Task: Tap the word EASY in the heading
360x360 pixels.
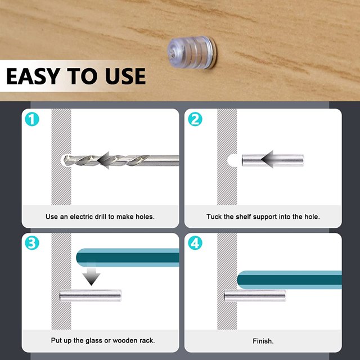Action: point(33,76)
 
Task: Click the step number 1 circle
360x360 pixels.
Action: point(32,119)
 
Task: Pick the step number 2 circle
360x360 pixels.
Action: point(195,119)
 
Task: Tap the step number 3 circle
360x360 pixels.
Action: point(32,243)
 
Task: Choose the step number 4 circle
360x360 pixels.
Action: point(195,243)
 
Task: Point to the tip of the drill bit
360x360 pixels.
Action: point(64,160)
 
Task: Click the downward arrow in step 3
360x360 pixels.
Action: point(91,274)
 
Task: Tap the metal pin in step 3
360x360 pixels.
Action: point(90,295)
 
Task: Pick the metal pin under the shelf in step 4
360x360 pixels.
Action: point(255,295)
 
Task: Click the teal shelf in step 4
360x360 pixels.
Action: point(289,280)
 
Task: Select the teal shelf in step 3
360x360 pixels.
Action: point(128,258)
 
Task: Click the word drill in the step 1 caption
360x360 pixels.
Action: point(101,217)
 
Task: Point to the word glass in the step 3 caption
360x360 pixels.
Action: point(94,340)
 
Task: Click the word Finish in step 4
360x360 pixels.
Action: point(263,341)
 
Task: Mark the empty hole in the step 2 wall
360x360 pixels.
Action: point(232,160)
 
